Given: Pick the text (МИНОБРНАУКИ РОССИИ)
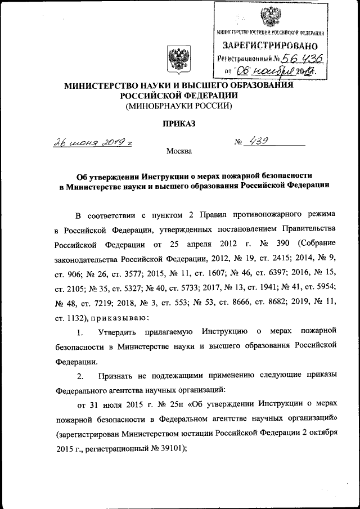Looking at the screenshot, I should click(x=179, y=105).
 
